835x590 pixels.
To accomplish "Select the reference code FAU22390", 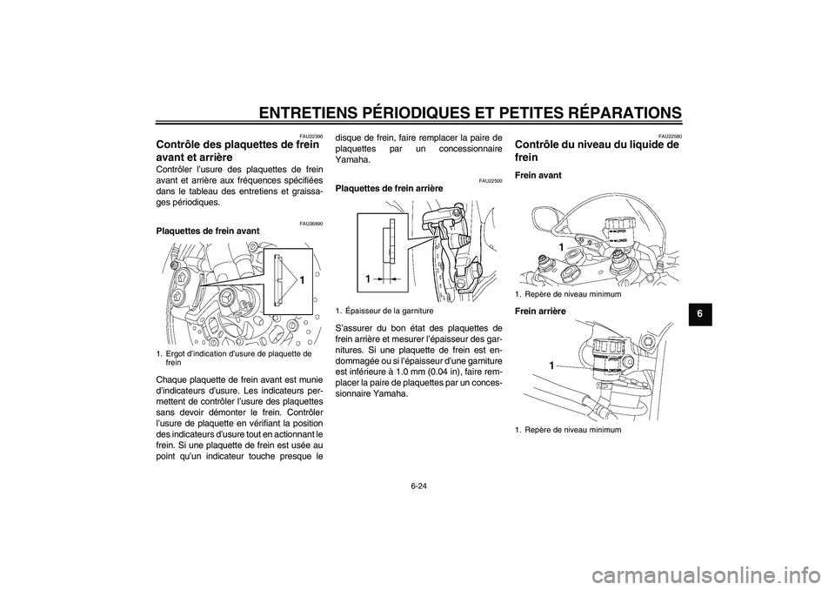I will coord(311,137).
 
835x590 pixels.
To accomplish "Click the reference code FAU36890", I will coord(311,224).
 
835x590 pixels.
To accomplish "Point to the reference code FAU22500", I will coord(490,179).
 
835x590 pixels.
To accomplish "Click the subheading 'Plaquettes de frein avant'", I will coord(206,231).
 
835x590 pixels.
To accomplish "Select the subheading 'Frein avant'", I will coord(538,175).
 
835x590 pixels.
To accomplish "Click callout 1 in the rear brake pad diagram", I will coord(369,278).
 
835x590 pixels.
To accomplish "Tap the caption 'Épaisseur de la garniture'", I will coord(390,310).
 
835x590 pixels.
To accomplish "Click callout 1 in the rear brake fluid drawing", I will coord(551,367).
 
